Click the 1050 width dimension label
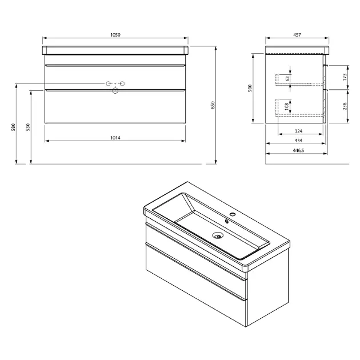pyautogui.click(x=115, y=35)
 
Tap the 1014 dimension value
pyautogui.click(x=115, y=138)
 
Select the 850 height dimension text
pyautogui.click(x=213, y=105)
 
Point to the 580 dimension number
pyautogui.click(x=13, y=127)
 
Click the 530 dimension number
pyautogui.click(x=28, y=127)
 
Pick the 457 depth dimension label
pyautogui.click(x=297, y=35)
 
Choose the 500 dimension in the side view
pyautogui.click(x=250, y=88)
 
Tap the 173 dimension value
pyautogui.click(x=345, y=77)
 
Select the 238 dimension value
pyautogui.click(x=345, y=106)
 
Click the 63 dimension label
pyautogui.click(x=287, y=79)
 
